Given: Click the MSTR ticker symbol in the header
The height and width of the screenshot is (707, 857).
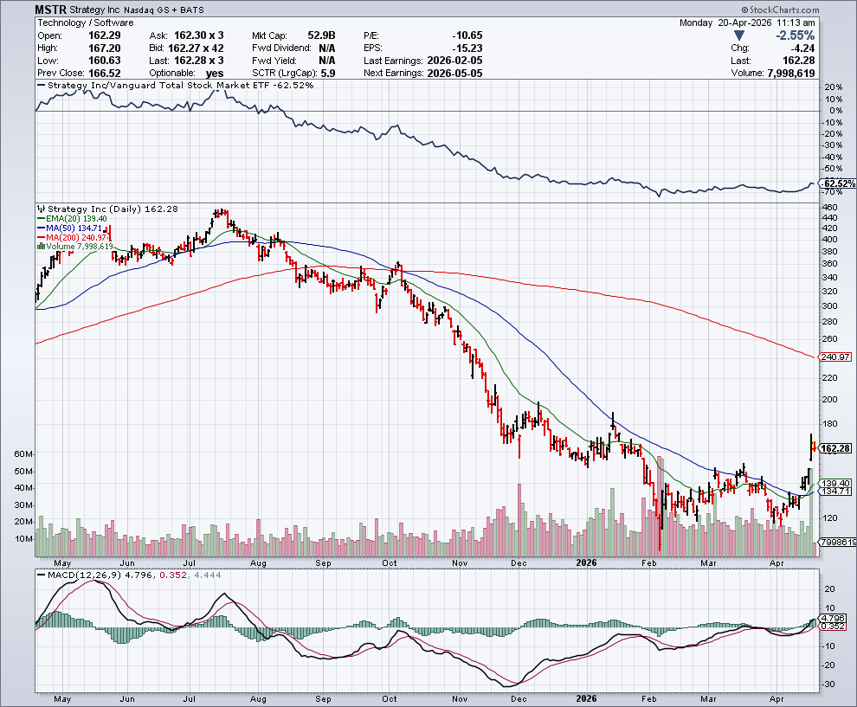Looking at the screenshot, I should click(50, 10).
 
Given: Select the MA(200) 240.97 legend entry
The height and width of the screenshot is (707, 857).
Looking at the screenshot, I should click(77, 237).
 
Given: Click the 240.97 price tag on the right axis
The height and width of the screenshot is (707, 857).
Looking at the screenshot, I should click(836, 357).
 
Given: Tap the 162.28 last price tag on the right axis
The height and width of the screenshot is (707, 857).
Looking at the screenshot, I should click(837, 448).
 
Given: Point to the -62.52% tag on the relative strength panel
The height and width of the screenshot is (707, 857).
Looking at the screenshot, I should click(837, 184).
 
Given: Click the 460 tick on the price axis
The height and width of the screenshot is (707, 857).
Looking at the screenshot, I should click(830, 208).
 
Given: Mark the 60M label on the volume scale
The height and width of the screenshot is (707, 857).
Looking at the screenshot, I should click(23, 454).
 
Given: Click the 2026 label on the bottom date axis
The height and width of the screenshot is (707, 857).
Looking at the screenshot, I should click(587, 697).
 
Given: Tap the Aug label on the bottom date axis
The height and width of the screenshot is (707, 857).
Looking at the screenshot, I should click(257, 697).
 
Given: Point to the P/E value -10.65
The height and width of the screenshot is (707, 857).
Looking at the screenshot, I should click(467, 35).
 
